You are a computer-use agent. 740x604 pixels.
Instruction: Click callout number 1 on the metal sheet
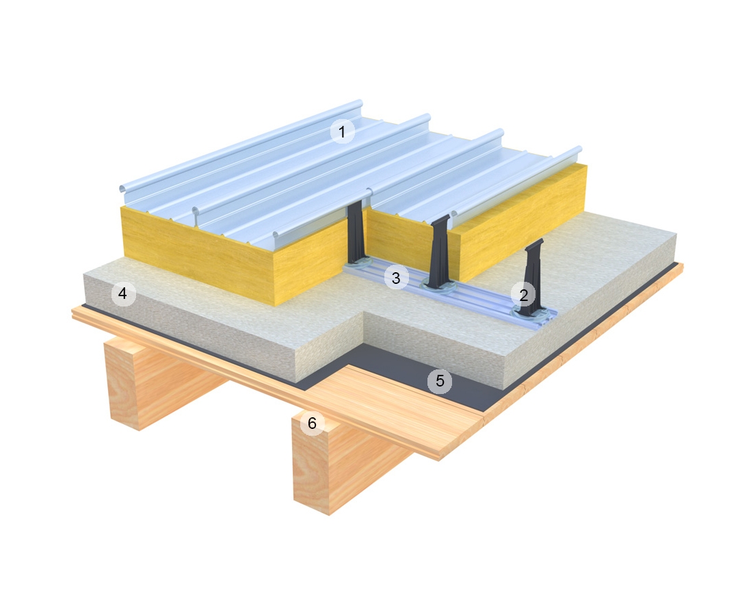pos(342,131)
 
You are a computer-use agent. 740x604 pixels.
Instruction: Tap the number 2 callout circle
pos(523,296)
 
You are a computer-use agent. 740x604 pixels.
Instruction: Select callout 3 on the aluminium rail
pos(396,278)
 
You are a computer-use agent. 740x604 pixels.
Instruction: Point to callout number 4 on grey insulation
pos(123,294)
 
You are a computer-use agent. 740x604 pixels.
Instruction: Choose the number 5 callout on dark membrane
pos(440,381)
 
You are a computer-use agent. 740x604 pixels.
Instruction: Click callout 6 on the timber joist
pos(312,423)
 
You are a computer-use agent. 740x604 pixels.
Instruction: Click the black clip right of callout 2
pos(533,280)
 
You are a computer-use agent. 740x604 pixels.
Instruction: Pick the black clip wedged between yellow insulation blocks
pos(356,233)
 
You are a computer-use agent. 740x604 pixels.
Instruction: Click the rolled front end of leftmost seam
pos(122,188)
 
